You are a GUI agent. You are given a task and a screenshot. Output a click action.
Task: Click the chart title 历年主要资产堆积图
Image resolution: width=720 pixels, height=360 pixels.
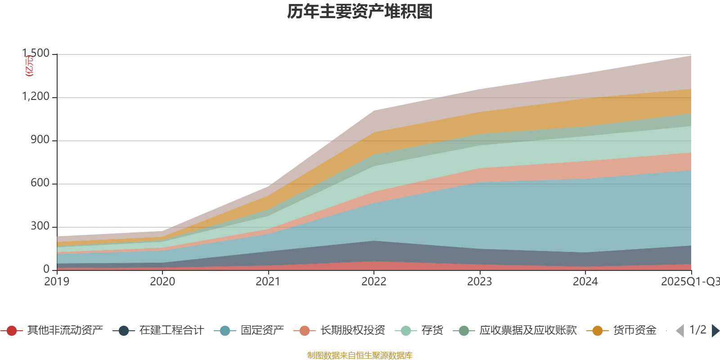pyautogui.click(x=360, y=12)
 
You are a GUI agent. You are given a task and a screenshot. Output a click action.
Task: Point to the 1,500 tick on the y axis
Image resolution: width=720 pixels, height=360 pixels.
pyautogui.click(x=36, y=54)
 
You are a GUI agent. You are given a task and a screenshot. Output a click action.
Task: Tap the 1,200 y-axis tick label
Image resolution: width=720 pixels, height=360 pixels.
pyautogui.click(x=36, y=97)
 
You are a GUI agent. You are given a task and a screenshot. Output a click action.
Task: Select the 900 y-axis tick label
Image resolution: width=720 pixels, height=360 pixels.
pyautogui.click(x=40, y=140)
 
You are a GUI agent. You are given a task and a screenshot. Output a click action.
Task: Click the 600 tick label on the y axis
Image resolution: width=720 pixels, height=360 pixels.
pyautogui.click(x=40, y=183)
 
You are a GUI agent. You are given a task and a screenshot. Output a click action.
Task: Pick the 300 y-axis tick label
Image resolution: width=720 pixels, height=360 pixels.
pyautogui.click(x=40, y=226)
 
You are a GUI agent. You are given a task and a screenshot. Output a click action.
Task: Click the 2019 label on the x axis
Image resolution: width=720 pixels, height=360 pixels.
pyautogui.click(x=57, y=282)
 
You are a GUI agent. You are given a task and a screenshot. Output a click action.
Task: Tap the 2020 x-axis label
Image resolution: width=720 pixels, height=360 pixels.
pyautogui.click(x=162, y=282)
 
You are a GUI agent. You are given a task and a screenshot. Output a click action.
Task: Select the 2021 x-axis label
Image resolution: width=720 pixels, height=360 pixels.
pyautogui.click(x=268, y=282)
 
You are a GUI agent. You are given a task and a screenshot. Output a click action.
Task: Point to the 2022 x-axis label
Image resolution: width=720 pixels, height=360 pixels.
pyautogui.click(x=374, y=282)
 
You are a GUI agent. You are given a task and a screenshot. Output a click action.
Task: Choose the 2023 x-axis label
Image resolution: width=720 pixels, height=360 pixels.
pyautogui.click(x=480, y=282)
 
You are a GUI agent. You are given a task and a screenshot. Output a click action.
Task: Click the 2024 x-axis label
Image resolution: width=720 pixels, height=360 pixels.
pyautogui.click(x=585, y=282)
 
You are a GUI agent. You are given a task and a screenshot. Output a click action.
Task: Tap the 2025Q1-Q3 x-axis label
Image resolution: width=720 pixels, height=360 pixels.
pyautogui.click(x=689, y=282)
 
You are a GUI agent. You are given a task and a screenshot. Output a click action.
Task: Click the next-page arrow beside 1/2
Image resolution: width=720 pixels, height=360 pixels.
pyautogui.click(x=715, y=331)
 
